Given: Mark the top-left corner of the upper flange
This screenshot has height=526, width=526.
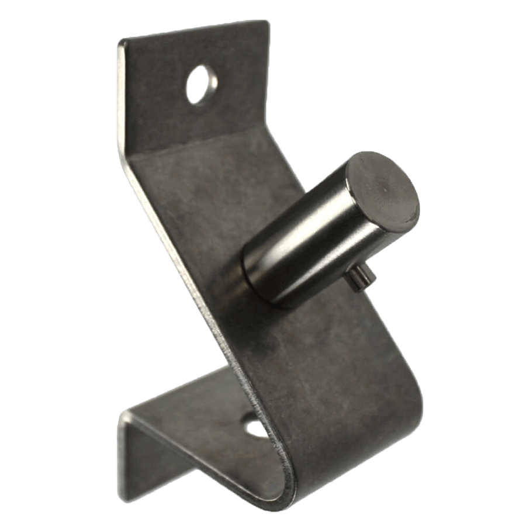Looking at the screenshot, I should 120,42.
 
